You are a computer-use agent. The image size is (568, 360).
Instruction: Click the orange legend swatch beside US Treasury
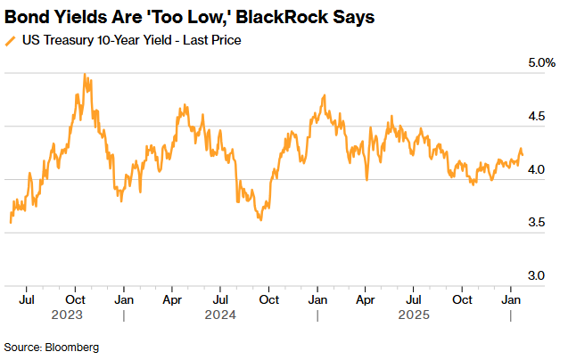coord(10,39)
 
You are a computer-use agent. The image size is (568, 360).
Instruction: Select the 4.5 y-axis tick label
coord(534,117)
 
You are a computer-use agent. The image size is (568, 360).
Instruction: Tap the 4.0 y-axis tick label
coord(534,170)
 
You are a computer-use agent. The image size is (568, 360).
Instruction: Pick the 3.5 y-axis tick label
coord(534,223)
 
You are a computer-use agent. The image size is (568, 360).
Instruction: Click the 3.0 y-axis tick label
coord(534,276)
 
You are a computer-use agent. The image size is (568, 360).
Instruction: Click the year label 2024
coord(220,315)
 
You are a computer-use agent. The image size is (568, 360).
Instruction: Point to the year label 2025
coord(413,315)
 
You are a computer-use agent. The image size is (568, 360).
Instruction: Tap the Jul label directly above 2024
coord(220,300)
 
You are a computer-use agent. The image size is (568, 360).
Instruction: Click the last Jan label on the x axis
coord(510,300)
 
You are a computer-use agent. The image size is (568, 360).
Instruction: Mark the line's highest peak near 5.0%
coord(85,75)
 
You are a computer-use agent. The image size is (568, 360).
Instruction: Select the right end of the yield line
coord(523,155)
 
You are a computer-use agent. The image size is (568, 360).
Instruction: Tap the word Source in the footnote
coord(21,346)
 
